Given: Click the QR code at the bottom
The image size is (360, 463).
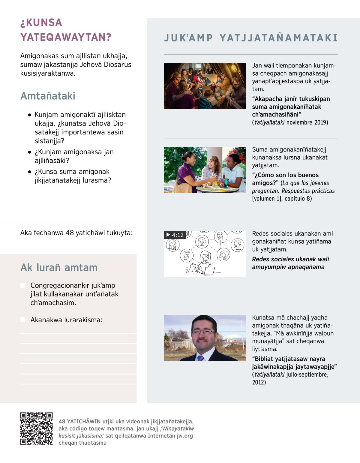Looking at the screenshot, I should coord(36,428).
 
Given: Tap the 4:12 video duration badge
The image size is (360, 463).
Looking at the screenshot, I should coord(175,235).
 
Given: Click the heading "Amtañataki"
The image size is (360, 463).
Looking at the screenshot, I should coord(48,96).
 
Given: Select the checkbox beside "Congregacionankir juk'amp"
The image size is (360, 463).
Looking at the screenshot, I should coord(23,285).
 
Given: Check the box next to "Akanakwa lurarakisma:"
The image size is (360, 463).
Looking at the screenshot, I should coord(23,320).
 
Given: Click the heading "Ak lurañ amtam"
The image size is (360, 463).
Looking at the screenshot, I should coord(59,268).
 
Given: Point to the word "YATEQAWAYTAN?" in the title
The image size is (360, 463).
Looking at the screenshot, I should coord(66,37).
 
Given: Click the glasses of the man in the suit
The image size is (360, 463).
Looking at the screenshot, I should coord(203,332).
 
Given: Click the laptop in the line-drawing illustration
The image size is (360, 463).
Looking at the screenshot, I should coord(209,271).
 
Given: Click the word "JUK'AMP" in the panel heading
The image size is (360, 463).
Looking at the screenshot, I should coord(188,38).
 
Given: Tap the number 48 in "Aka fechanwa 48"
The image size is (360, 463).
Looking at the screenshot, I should coord(70,233).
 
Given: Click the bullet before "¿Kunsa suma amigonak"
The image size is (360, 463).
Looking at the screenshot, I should coord(29,172).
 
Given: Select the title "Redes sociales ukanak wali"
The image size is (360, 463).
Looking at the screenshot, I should coord(290,259).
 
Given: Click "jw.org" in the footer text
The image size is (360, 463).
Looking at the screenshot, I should coord(184,436).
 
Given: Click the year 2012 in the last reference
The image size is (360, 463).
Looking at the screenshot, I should coord(259,382).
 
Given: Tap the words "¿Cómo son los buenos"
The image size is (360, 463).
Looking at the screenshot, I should coord(285,175).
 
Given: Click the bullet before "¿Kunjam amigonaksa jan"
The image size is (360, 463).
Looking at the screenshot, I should coord(29,152).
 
